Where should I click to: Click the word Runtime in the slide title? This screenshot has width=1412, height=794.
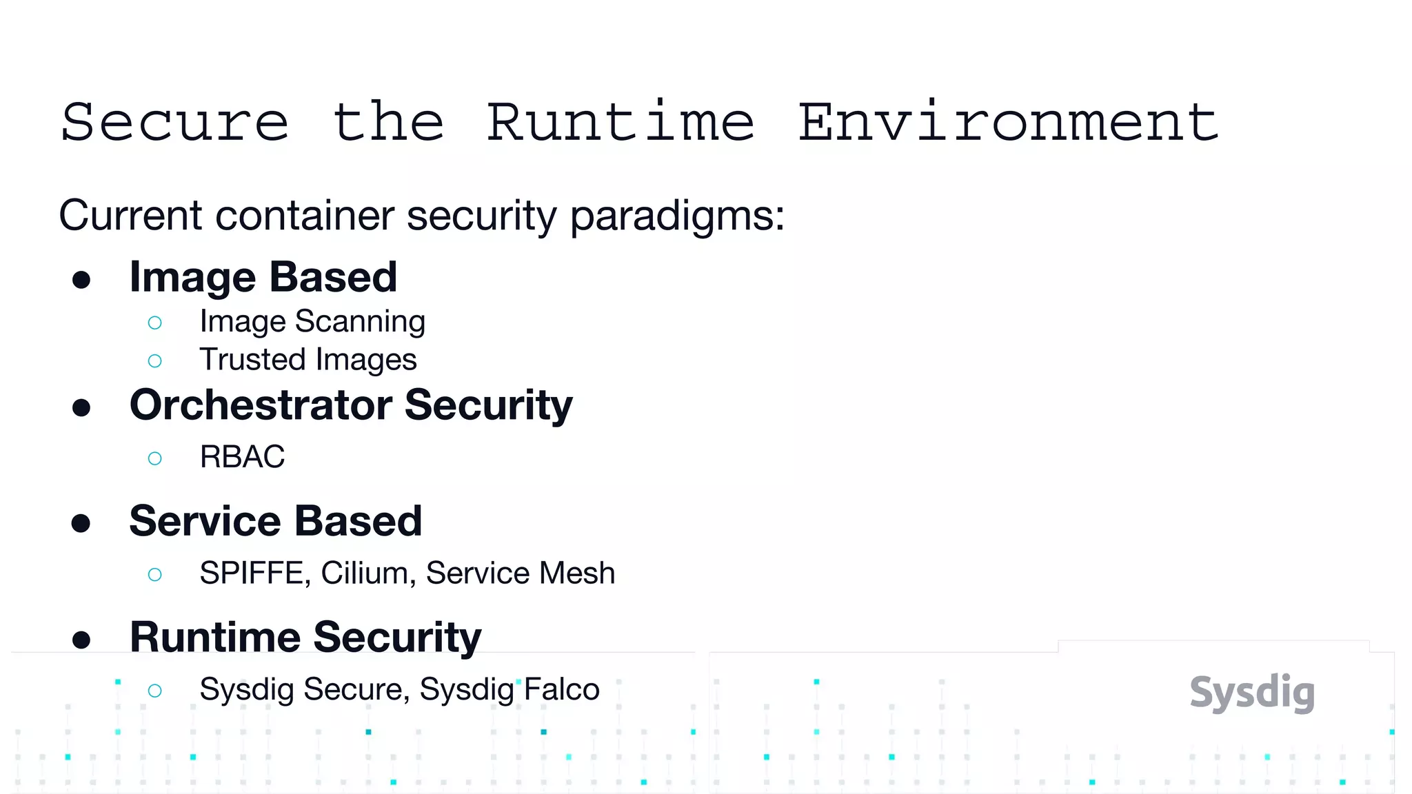click(621, 122)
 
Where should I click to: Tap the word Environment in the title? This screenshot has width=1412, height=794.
click(1008, 122)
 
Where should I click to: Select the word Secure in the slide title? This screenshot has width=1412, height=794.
click(174, 122)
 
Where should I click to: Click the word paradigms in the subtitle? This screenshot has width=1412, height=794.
click(677, 216)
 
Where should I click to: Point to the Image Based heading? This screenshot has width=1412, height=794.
click(263, 277)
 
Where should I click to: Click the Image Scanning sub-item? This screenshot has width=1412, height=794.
click(312, 322)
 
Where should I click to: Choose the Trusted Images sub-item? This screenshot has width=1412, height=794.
click(308, 360)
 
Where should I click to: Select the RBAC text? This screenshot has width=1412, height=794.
click(242, 457)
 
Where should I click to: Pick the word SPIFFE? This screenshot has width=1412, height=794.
click(254, 573)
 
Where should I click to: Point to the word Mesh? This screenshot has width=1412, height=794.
click(578, 573)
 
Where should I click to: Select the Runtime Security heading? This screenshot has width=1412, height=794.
click(305, 637)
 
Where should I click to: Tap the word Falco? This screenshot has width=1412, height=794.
click(561, 689)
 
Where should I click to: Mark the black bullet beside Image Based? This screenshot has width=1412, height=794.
click(81, 280)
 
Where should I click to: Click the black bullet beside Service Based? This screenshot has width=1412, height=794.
click(81, 523)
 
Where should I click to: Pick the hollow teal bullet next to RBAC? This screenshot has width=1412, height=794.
click(155, 458)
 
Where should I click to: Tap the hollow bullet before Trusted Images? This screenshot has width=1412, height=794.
click(155, 360)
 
